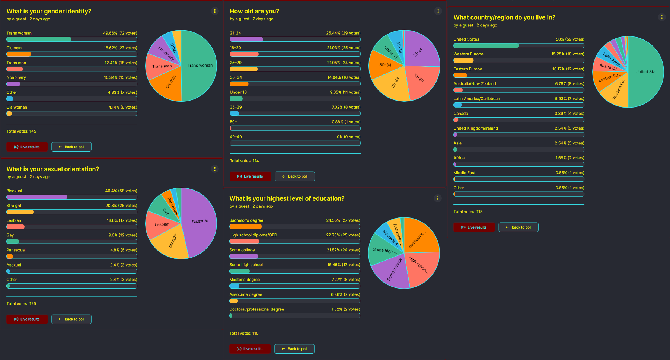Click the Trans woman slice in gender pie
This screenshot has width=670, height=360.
coord(199,66)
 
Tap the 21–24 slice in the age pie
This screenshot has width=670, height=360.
coord(420,50)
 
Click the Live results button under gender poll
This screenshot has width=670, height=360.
coord(27,147)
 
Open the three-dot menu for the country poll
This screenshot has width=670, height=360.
coord(661,17)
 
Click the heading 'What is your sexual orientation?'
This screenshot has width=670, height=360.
coord(53,169)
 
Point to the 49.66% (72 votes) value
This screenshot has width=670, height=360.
coord(120,33)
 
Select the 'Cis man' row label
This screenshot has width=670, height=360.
coord(14,48)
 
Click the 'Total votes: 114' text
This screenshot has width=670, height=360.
coord(244,161)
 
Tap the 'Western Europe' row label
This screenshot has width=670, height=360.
coord(468,54)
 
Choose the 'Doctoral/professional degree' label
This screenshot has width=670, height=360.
coord(256,309)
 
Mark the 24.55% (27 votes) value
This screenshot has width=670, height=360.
coord(343,220)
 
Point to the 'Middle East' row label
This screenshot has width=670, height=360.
coord(465,173)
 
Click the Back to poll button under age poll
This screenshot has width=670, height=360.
coord(295,176)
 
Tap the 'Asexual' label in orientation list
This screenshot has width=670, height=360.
coord(14,265)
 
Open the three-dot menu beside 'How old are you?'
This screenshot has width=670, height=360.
coord(438,11)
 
